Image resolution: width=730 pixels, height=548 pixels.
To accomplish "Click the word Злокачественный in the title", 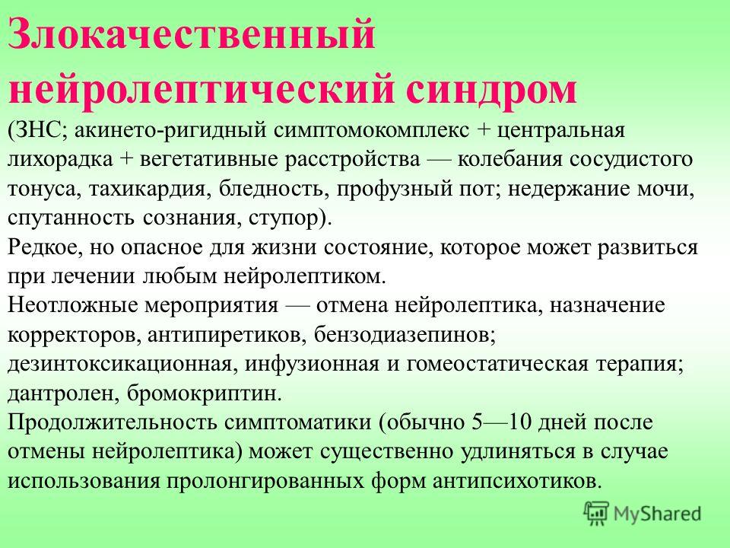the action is click(x=192, y=36).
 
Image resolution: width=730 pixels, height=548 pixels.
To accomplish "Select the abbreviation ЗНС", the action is click(x=39, y=130).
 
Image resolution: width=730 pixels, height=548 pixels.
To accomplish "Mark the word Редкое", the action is click(x=44, y=247).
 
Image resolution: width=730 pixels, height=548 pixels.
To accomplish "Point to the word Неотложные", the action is click(x=71, y=306).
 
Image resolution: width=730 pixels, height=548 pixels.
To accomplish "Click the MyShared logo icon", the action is click(x=596, y=514).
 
